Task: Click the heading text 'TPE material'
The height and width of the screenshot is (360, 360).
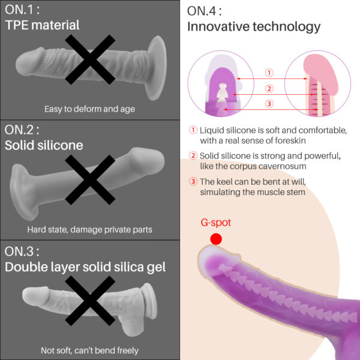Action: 42,25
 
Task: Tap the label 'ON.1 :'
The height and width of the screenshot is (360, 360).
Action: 22,10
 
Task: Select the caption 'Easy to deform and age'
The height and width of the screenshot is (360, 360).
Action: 89,109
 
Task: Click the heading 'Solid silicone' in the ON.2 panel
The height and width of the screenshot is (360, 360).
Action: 44,145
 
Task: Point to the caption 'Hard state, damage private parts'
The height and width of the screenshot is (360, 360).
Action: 89,230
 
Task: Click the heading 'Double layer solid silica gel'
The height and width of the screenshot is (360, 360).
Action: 85,267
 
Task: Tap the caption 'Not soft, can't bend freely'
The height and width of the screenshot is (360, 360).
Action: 89,350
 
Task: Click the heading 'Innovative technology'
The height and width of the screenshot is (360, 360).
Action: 254,26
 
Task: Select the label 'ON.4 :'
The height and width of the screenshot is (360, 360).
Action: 205,11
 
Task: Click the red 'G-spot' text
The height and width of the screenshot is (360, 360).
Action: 215,223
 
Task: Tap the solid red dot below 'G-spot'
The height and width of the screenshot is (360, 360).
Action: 216,239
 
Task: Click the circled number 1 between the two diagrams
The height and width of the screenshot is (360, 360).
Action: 269,73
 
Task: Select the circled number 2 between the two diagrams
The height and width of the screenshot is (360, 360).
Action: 269,88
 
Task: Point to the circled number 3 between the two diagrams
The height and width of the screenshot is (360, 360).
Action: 269,104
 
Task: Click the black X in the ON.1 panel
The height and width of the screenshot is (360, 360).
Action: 90,59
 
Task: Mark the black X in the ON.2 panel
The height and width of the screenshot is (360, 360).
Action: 90,180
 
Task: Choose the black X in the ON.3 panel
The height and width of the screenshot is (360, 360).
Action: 90,301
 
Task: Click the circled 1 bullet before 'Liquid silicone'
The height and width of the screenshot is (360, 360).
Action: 193,130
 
